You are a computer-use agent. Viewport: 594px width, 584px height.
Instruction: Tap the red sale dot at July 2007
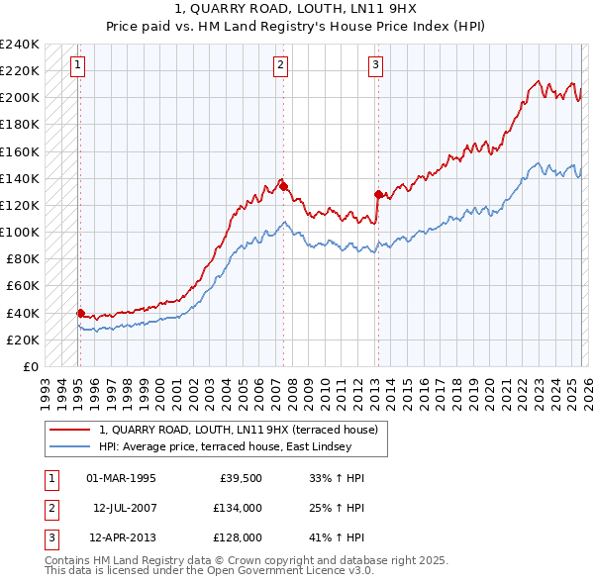click(x=283, y=186)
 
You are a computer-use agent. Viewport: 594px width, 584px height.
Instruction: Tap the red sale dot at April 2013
click(x=378, y=194)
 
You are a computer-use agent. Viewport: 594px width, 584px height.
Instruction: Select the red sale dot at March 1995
click(x=80, y=313)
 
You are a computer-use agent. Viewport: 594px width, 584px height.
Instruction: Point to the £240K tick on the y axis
click(x=20, y=45)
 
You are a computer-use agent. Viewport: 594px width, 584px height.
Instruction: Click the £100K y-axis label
click(x=20, y=232)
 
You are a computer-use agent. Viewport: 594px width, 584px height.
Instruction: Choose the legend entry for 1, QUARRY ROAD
click(x=239, y=431)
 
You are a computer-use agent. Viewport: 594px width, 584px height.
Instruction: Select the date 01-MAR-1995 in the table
click(x=121, y=478)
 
